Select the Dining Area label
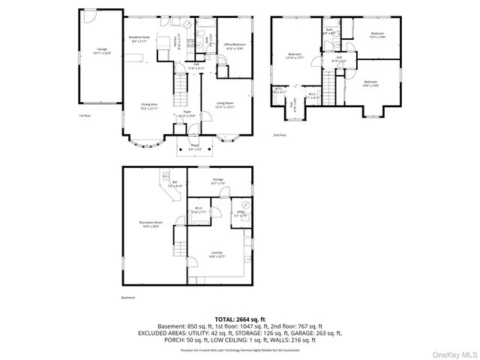[149, 106]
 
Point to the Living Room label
[225, 105]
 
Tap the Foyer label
[186, 115]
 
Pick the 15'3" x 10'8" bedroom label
[379, 34]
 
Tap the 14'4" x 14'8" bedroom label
[371, 83]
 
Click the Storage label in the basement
[217, 181]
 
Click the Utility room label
[241, 214]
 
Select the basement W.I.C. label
[199, 211]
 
